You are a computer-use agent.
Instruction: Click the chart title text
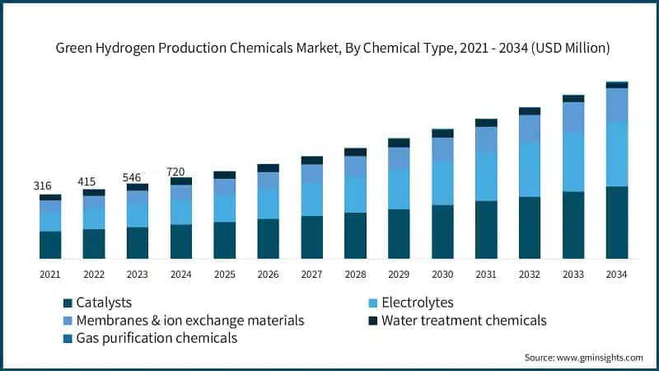(x=332, y=49)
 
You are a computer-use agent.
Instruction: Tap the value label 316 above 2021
(x=43, y=186)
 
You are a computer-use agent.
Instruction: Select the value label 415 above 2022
(x=93, y=181)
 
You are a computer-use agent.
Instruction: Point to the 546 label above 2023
(x=137, y=176)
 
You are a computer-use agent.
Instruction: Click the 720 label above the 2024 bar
(x=180, y=171)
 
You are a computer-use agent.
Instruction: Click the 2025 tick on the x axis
(x=224, y=274)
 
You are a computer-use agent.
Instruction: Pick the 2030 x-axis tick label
(x=442, y=274)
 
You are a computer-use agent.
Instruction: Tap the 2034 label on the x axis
(x=617, y=274)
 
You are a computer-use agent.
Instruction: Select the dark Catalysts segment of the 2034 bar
(x=617, y=223)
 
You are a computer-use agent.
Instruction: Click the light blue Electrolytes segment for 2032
(x=530, y=170)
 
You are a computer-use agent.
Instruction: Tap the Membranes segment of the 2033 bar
(x=573, y=117)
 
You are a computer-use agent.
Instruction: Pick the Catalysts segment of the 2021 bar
(x=50, y=245)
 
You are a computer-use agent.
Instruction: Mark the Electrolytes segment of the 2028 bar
(x=355, y=195)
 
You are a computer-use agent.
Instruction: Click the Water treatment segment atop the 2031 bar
(x=486, y=123)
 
